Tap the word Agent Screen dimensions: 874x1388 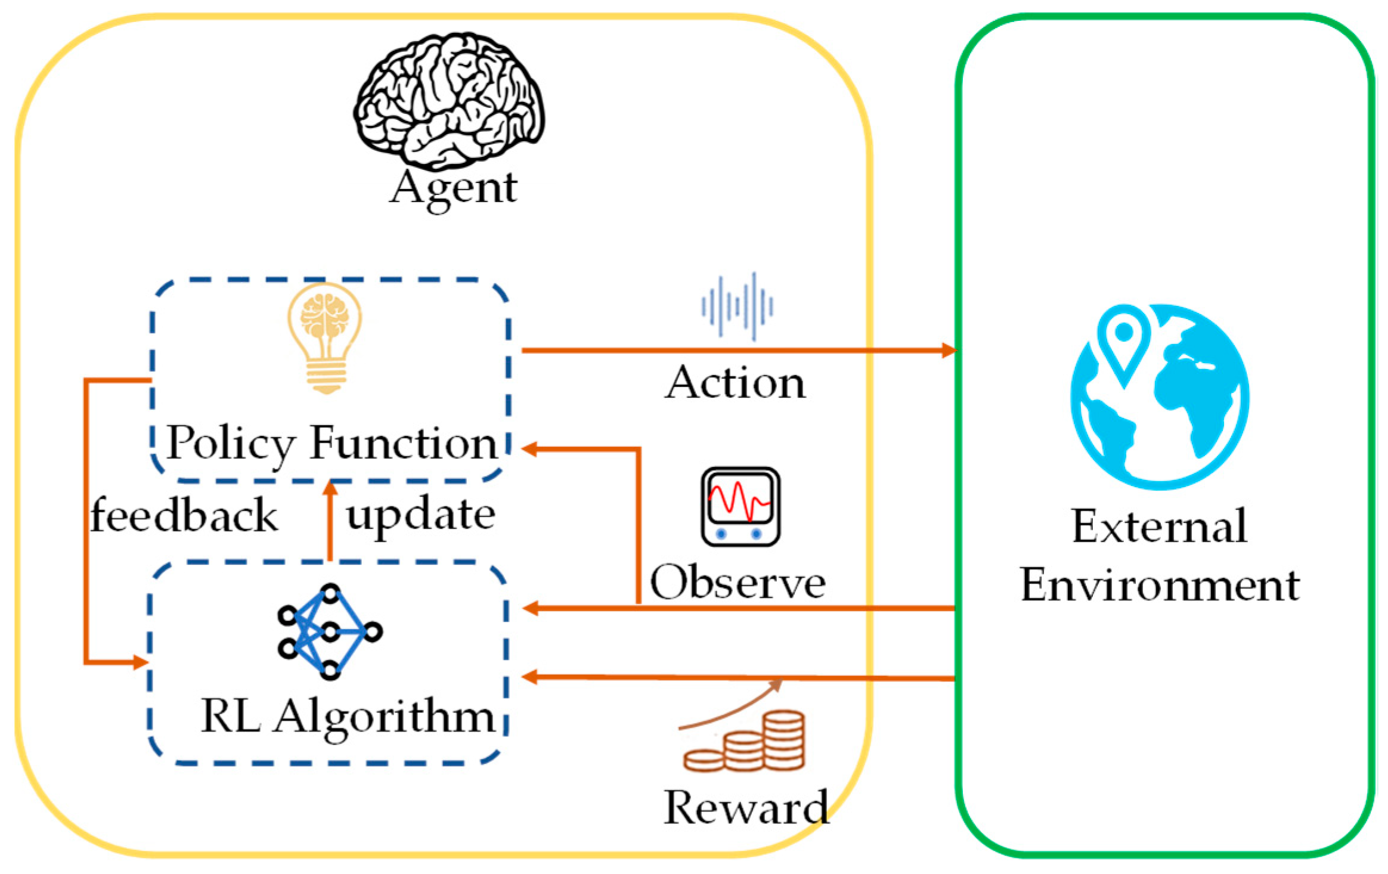(453, 188)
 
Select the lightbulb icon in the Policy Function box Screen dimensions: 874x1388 (325, 337)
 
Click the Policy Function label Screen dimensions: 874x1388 (331, 444)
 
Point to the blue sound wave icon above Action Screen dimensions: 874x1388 (737, 306)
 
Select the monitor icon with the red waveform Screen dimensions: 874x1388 (740, 506)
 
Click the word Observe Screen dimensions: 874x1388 (738, 582)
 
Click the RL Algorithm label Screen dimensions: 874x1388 (348, 717)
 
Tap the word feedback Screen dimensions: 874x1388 (184, 516)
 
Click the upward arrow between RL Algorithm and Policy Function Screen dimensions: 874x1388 (330, 522)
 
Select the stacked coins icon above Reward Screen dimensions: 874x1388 (745, 741)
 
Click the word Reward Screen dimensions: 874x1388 (745, 808)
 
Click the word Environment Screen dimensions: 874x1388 (1160, 585)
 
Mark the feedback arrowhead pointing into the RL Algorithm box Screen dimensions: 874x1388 (140, 662)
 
